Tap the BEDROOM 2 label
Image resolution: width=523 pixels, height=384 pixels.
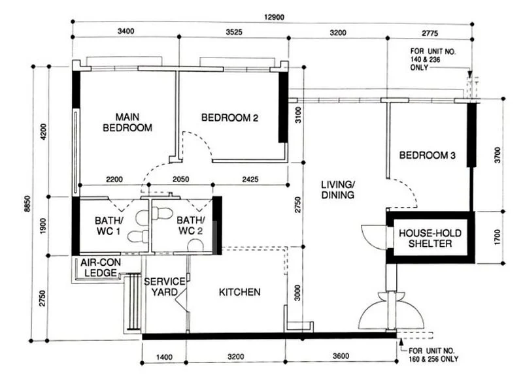point(229,118)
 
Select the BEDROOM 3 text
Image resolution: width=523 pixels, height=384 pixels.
point(428,155)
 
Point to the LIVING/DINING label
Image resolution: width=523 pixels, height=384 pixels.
point(337,190)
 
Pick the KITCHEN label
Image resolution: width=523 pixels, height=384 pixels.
point(239,292)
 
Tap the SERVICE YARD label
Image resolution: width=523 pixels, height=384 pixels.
point(165,286)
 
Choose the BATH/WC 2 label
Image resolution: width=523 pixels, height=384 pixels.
point(191,226)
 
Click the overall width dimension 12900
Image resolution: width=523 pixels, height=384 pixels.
point(275,16)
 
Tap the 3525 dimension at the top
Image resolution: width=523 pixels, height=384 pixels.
point(233,31)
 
